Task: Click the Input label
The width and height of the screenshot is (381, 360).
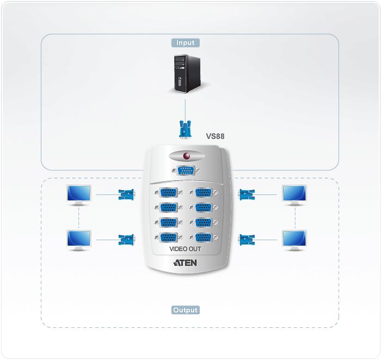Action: coord(186,43)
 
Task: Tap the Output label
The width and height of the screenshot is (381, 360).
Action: coord(186,310)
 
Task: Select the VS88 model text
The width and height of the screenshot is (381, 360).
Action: coord(216,136)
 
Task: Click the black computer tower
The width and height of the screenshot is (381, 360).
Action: coord(187,74)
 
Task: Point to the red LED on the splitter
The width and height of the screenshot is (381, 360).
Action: coord(187,156)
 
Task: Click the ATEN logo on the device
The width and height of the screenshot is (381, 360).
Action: coord(185,263)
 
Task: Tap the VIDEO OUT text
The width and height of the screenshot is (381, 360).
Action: coord(185,249)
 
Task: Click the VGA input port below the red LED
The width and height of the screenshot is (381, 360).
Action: coord(186,170)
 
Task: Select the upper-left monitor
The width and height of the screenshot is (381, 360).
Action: coord(79,195)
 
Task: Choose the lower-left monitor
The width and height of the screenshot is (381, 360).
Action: coord(79,240)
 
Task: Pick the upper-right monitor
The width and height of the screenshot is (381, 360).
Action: coord(294,195)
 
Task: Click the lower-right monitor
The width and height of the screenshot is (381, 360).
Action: coord(294,240)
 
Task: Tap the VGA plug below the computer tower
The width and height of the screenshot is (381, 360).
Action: coord(185,129)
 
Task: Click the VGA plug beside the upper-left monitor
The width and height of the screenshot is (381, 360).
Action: coord(126,194)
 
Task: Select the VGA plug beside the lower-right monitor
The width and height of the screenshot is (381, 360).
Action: coord(247,240)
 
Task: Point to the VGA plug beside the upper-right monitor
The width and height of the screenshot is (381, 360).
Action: coord(247,194)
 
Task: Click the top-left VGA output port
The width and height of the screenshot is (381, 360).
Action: coord(169,192)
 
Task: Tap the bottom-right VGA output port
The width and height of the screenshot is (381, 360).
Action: coord(204,237)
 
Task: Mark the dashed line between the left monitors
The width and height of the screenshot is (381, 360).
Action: coord(79,218)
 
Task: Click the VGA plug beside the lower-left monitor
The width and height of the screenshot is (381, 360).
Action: coord(126,240)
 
